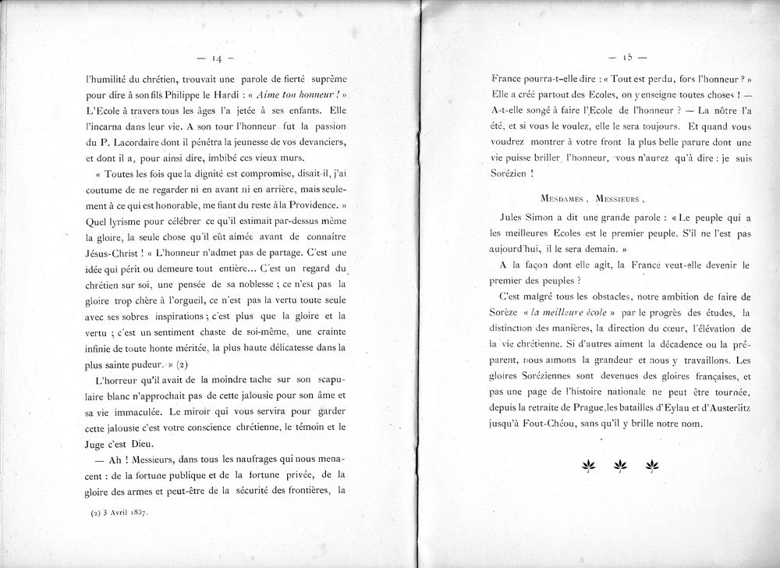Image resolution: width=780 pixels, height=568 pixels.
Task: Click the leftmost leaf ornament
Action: (x=587, y=467)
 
